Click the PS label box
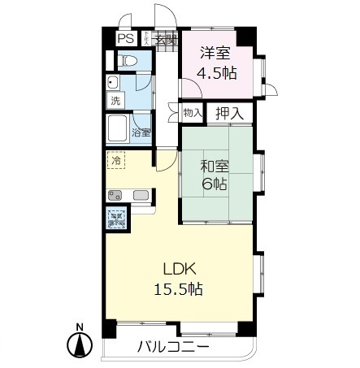(126, 37)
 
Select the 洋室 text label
(215, 53)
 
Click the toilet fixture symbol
(126, 62)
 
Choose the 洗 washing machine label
(115, 102)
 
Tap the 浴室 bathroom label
(140, 132)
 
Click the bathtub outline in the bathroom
(119, 128)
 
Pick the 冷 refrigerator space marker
(116, 160)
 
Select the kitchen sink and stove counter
(128, 195)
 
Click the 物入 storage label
(192, 113)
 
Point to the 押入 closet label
(229, 113)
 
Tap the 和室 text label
(215, 167)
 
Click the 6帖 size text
(215, 184)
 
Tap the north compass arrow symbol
(80, 346)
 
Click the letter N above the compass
(80, 328)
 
